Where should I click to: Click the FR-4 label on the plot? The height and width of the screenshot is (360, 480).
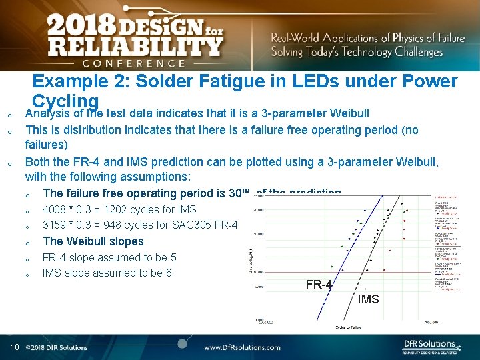pyautogui.click(x=319, y=285)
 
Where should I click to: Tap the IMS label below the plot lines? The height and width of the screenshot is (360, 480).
pyautogui.click(x=368, y=299)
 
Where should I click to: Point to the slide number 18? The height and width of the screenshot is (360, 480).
pyautogui.click(x=15, y=347)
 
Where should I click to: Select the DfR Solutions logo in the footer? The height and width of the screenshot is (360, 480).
pyautogui.click(x=431, y=346)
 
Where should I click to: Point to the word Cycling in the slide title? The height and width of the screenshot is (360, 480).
pyautogui.click(x=65, y=101)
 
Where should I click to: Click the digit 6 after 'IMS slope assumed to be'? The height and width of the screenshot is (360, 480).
pyautogui.click(x=169, y=273)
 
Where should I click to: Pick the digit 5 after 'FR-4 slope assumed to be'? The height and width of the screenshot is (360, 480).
pyautogui.click(x=173, y=257)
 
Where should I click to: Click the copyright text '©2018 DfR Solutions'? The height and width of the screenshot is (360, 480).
pyautogui.click(x=57, y=347)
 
